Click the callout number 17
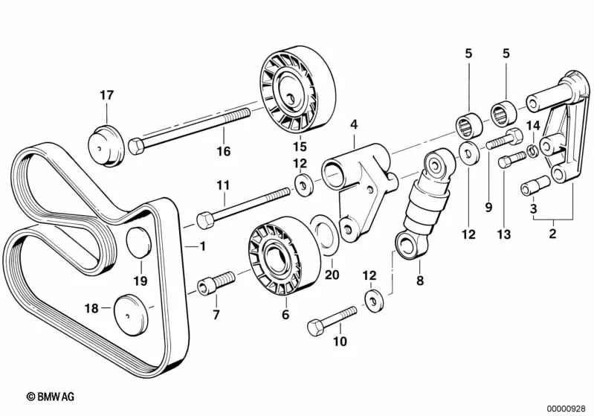107,95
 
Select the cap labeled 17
106,144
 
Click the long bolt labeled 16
193,128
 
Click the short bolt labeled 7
216,283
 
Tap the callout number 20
332,275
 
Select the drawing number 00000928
567,407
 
